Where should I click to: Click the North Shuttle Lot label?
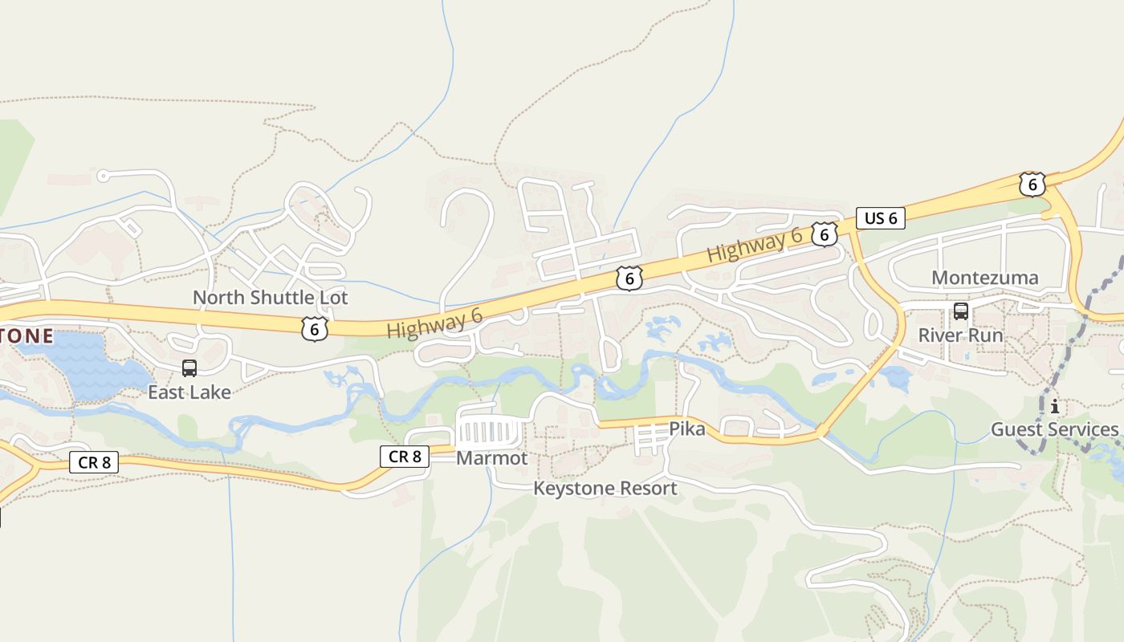coord(270,298)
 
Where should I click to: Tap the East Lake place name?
coord(189,392)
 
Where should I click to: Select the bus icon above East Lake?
coord(189,368)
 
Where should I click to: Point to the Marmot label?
coord(491,458)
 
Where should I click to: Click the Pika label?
coord(687,429)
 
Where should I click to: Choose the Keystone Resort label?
coord(605,488)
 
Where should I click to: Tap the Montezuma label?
coord(984,278)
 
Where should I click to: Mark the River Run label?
coord(960,335)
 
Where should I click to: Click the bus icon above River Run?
coord(960,311)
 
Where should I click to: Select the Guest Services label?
coord(1054,429)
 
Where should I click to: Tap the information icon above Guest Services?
coord(1054,407)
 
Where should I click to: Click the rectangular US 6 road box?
coord(880,218)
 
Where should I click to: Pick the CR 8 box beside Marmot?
coord(405,457)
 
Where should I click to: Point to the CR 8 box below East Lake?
coord(94,462)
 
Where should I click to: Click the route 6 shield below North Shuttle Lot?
coord(315,327)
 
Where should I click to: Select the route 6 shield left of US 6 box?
coord(824,234)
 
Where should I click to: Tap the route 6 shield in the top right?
coord(1032,185)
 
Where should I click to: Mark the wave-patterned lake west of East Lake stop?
coord(88,365)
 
